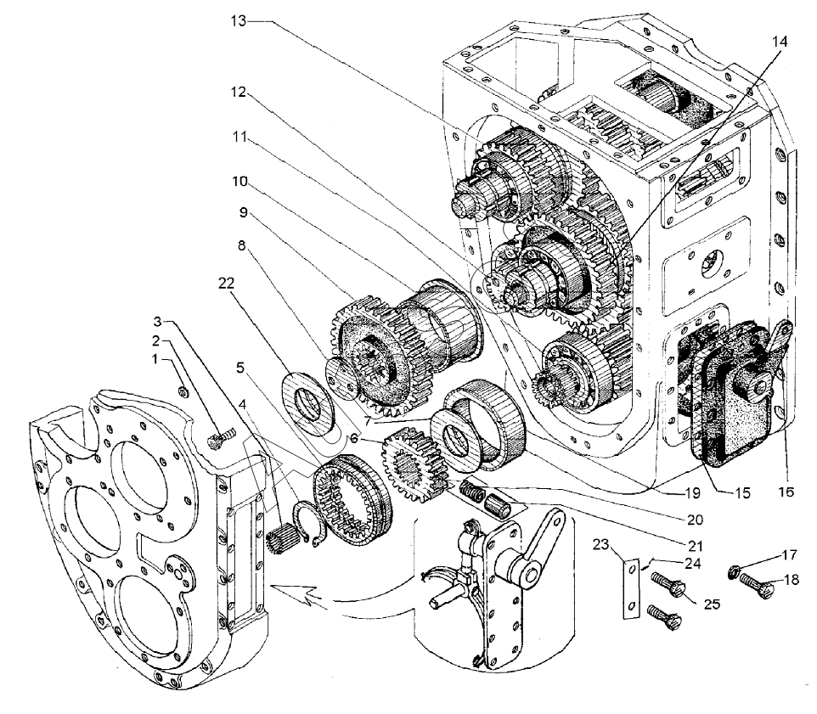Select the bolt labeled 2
(217, 441)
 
